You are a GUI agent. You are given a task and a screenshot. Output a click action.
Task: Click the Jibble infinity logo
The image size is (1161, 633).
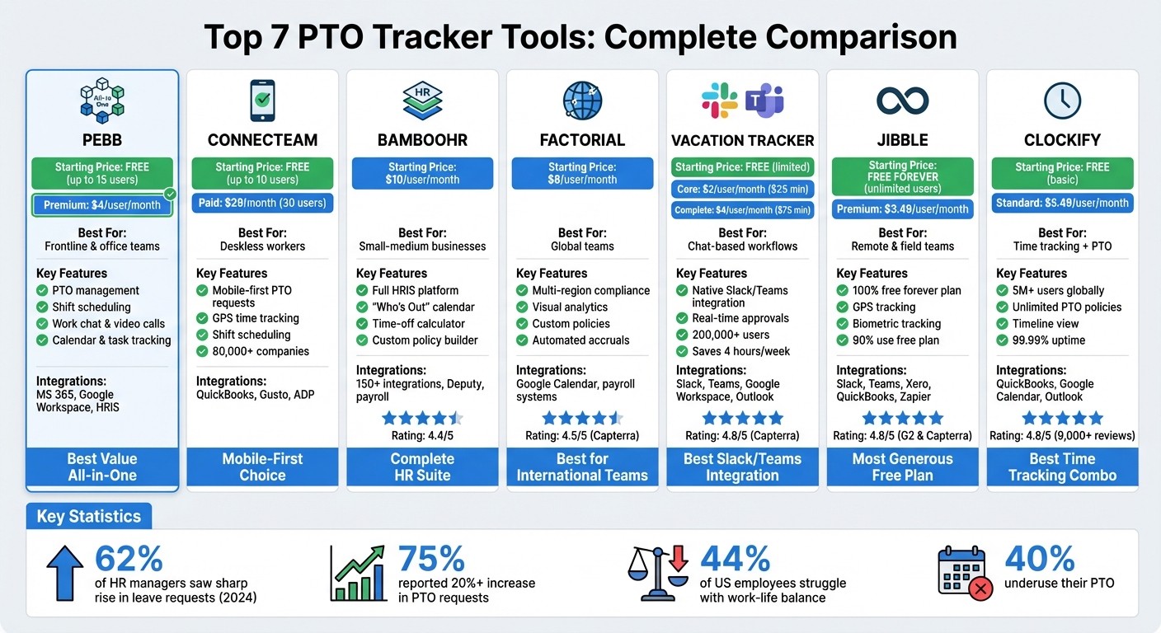tap(902, 101)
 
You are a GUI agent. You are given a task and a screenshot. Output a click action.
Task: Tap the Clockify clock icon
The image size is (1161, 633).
tap(1062, 101)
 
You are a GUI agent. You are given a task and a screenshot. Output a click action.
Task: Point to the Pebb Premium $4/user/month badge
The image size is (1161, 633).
tap(101, 205)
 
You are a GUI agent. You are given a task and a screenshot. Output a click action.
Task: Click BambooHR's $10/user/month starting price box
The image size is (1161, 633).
tap(422, 173)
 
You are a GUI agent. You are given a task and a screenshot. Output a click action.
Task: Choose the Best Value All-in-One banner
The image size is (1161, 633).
tap(102, 467)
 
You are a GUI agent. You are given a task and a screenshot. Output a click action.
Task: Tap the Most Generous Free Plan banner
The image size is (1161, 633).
tap(902, 467)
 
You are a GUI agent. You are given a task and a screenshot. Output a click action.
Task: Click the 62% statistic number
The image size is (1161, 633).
tap(129, 560)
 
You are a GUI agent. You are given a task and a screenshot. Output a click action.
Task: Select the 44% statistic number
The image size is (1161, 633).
tap(735, 560)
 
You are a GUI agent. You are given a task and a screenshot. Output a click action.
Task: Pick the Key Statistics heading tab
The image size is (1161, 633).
tap(89, 517)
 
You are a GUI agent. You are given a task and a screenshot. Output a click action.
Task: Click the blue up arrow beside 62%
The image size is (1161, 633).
tap(65, 571)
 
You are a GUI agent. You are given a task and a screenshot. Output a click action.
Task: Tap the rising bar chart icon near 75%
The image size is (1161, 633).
tap(357, 572)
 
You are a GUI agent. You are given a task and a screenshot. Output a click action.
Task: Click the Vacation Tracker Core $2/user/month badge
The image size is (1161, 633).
tap(742, 189)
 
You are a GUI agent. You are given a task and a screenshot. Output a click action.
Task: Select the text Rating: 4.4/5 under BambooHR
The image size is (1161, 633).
tap(421, 435)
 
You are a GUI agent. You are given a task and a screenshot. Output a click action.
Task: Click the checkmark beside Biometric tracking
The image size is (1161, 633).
tap(842, 324)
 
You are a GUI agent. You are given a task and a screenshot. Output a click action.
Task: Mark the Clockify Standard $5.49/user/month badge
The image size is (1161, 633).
tap(1062, 203)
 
